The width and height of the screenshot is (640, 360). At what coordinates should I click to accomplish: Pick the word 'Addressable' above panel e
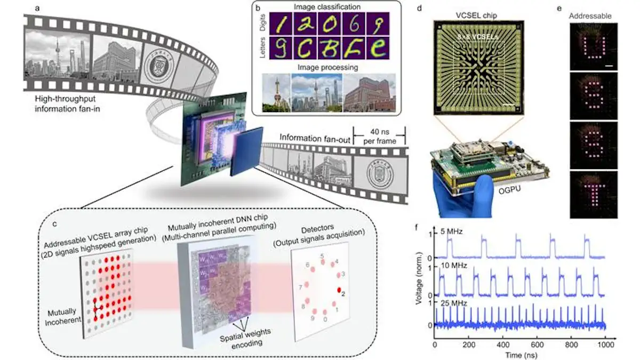(590, 16)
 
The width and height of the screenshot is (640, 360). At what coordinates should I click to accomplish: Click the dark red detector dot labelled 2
(339, 290)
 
